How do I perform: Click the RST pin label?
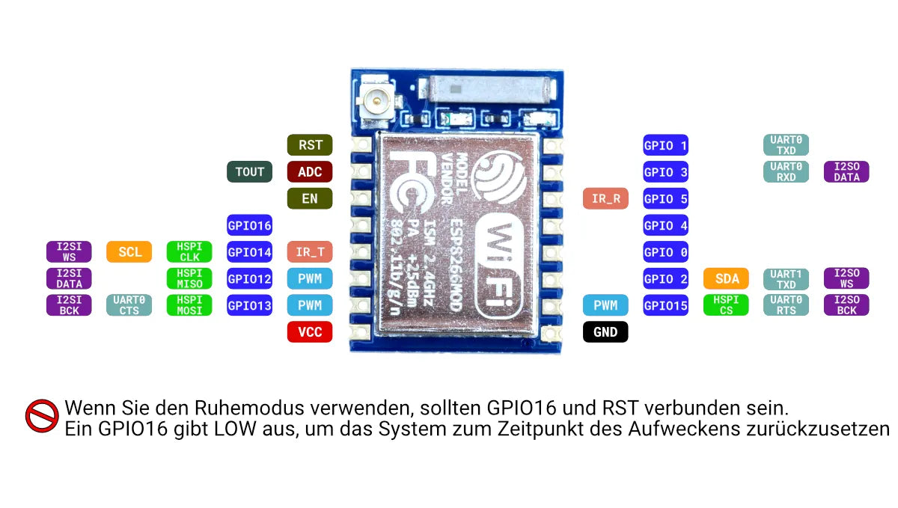pyautogui.click(x=310, y=145)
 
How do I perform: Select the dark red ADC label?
pyautogui.click(x=310, y=172)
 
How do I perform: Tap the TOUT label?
pyautogui.click(x=249, y=172)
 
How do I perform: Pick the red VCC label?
pyautogui.click(x=310, y=331)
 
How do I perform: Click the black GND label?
pyautogui.click(x=605, y=331)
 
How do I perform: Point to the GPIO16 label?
pyautogui.click(x=249, y=224)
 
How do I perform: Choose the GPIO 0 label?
pyautogui.click(x=665, y=252)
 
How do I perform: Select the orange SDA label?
pyautogui.click(x=726, y=279)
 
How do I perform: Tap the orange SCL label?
pyautogui.click(x=129, y=252)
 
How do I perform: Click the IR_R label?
pyautogui.click(x=605, y=199)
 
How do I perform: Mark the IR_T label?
pyautogui.click(x=310, y=252)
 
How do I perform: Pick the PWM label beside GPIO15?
pyautogui.click(x=605, y=305)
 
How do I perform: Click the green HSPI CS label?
pyautogui.click(x=726, y=305)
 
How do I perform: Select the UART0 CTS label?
pyautogui.click(x=129, y=305)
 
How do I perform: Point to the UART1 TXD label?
pyautogui.click(x=786, y=279)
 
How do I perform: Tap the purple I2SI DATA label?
pyautogui.click(x=69, y=279)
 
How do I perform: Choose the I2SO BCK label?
pyautogui.click(x=846, y=305)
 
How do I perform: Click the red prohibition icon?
pyautogui.click(x=42, y=415)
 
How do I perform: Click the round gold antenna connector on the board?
pyautogui.click(x=373, y=97)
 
